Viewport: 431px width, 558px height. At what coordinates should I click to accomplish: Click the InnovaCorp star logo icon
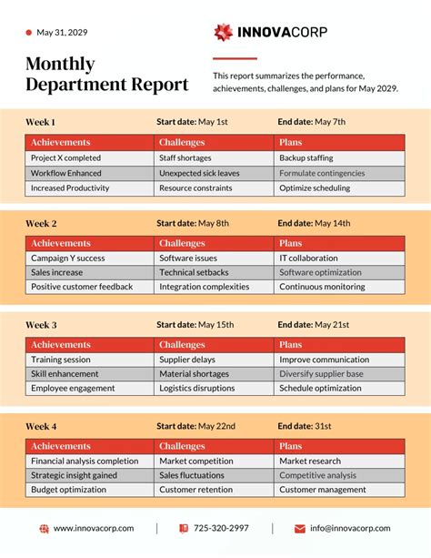coord(223,33)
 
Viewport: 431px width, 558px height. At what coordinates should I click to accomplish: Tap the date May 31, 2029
coord(62,33)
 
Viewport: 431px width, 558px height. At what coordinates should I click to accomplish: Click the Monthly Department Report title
coord(106,75)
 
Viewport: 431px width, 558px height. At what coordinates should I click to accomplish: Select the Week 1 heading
coord(40,121)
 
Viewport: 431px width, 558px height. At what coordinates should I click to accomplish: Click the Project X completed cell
coord(65,157)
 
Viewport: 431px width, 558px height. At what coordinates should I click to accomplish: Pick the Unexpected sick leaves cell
coord(199,173)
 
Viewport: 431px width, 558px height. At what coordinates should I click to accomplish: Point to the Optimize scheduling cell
coord(314,188)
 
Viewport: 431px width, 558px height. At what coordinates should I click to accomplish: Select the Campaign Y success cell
coord(67,259)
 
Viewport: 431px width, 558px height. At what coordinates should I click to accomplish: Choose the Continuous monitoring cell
coord(322,287)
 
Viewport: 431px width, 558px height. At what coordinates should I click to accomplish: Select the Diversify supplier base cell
coord(321,374)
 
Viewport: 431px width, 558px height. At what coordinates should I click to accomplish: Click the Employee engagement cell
coord(73,389)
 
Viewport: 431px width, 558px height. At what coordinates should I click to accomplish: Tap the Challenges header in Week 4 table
coord(182,446)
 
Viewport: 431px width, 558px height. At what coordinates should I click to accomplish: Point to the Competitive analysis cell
coord(317,475)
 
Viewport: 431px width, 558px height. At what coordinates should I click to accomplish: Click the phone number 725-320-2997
coord(220,528)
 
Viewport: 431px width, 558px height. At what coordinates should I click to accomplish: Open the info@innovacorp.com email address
coord(349,528)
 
